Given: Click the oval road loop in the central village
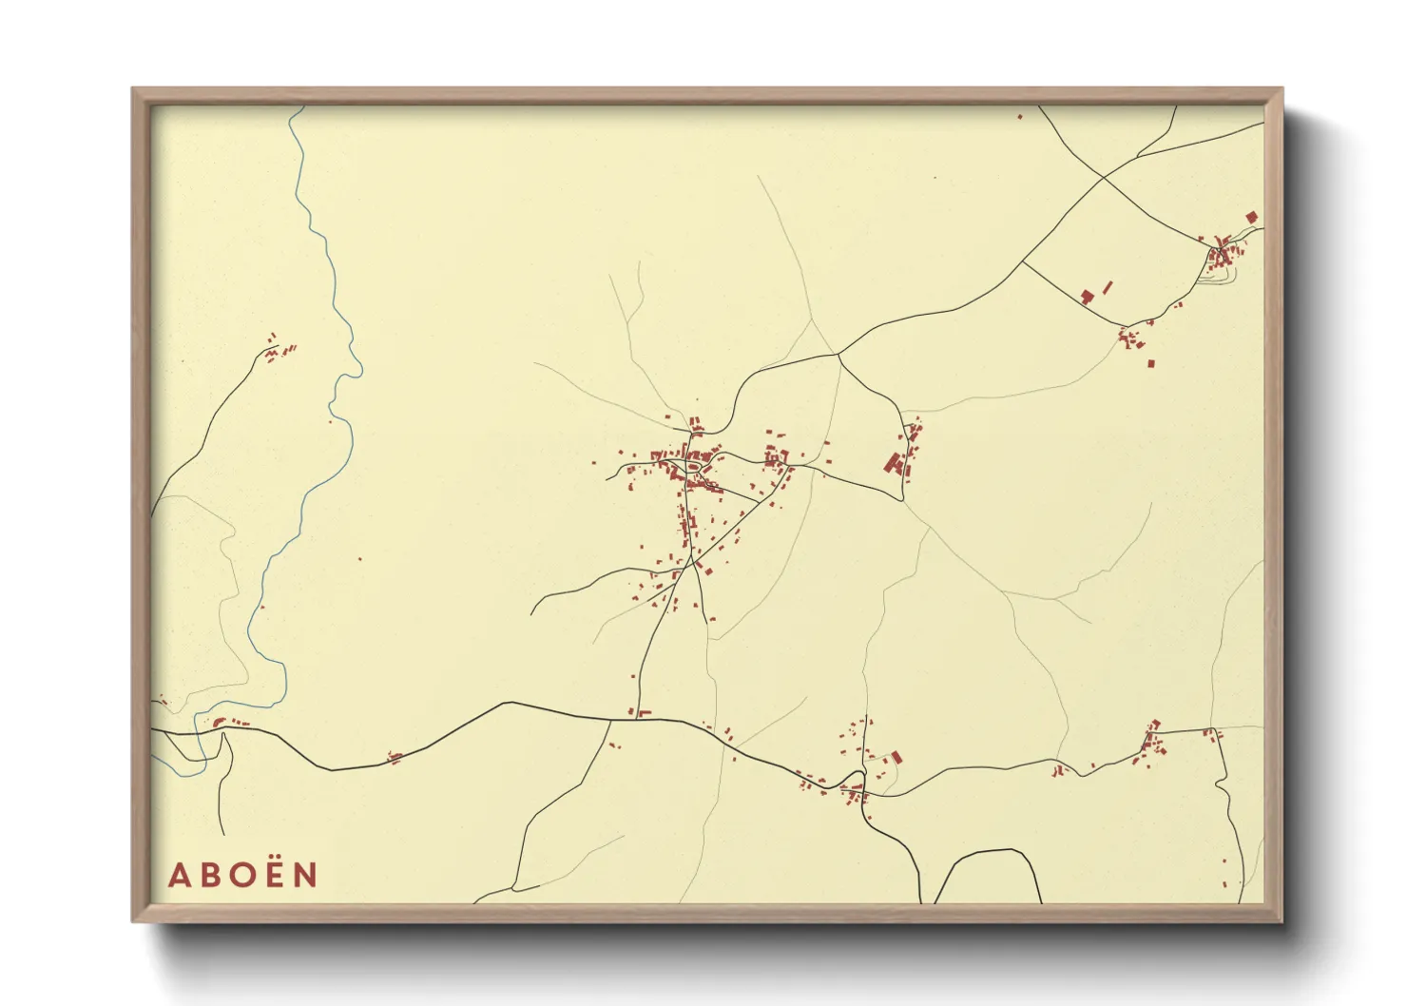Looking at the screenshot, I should (x=694, y=466).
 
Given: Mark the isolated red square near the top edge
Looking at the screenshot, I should (x=1020, y=117).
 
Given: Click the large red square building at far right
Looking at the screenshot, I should (x=1251, y=218).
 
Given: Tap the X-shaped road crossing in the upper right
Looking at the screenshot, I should (x=1103, y=177).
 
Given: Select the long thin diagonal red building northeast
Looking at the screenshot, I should (x=1107, y=285).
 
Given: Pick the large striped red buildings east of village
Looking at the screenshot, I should (x=893, y=463).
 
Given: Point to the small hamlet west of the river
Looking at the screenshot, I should (x=278, y=352).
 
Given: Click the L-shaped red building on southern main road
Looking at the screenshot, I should (x=642, y=712).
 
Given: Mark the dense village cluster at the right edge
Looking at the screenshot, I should (x=1224, y=254).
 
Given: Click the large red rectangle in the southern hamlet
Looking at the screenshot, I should (x=896, y=758).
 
